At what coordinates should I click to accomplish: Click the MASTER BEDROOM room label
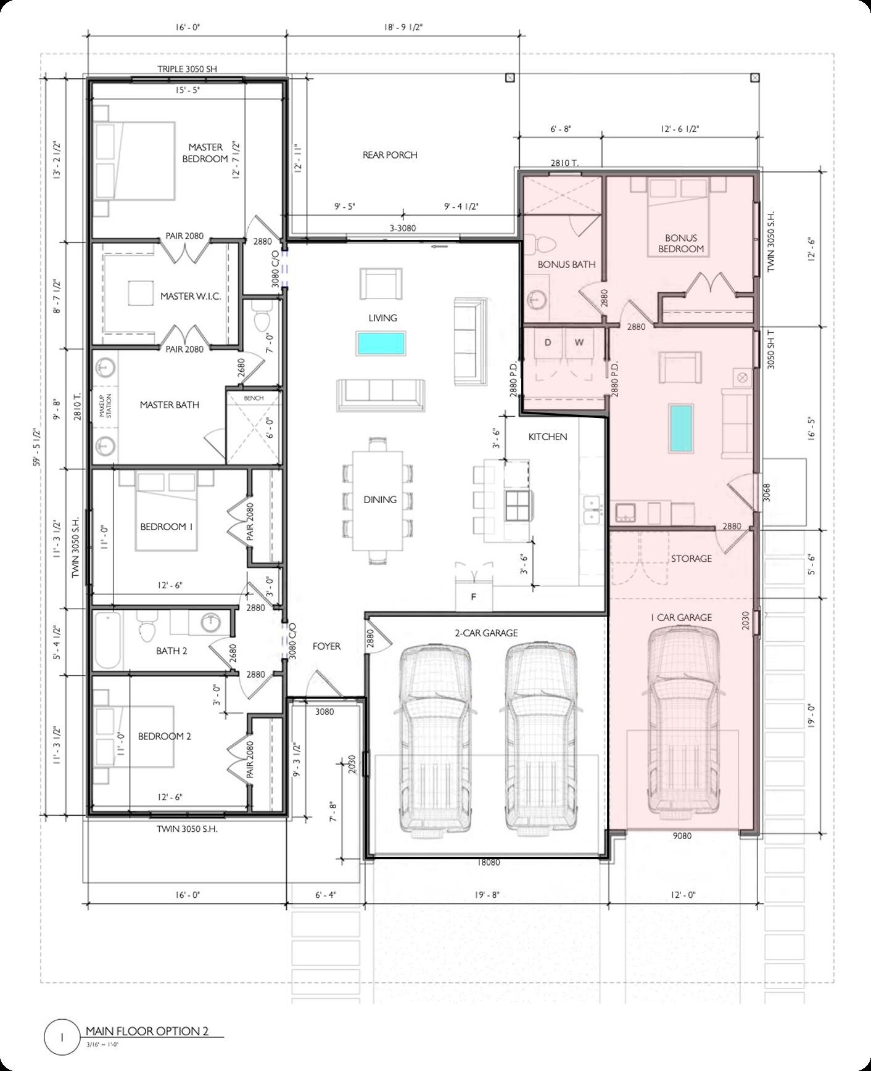click(205, 153)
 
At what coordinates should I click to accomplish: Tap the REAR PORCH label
click(389, 155)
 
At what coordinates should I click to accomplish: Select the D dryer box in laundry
click(548, 343)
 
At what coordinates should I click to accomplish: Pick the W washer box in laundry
click(579, 343)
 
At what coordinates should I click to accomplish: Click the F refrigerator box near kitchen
click(474, 596)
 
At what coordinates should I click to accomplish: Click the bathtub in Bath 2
click(107, 641)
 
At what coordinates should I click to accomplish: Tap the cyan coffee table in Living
click(381, 343)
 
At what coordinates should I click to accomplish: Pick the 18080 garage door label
click(488, 862)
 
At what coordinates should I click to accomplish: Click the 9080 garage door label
click(682, 835)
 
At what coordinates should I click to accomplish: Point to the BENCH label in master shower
click(254, 398)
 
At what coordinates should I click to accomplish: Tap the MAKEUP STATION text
click(105, 405)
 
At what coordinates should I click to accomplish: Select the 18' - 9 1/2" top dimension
click(402, 27)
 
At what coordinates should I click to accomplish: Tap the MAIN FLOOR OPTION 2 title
click(147, 1031)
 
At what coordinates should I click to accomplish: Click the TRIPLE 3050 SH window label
click(187, 69)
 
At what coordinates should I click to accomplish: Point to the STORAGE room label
click(691, 558)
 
